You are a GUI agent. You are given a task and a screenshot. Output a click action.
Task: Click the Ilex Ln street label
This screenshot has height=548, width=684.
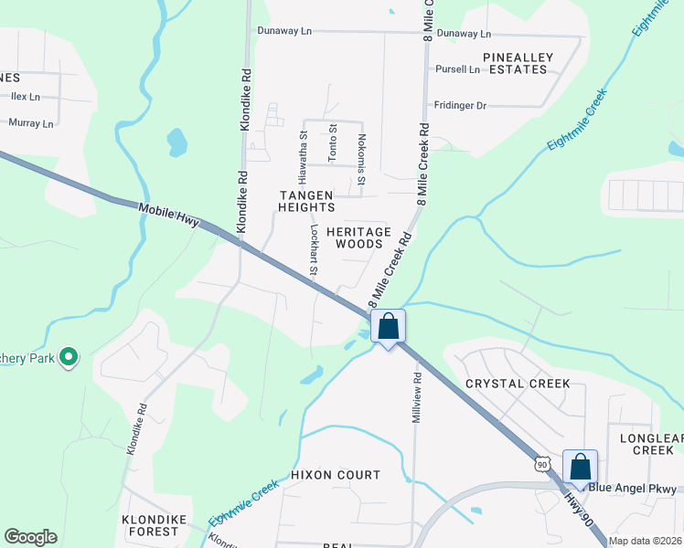[x=25, y=96]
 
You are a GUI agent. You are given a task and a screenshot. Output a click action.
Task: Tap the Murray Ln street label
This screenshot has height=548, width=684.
[x=31, y=122]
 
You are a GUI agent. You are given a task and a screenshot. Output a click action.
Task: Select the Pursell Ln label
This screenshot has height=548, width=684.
[x=458, y=68]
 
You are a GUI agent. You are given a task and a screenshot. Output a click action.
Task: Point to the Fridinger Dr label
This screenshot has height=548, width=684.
[x=460, y=105]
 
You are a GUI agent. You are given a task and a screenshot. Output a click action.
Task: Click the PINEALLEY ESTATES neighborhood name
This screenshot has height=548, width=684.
[x=520, y=63]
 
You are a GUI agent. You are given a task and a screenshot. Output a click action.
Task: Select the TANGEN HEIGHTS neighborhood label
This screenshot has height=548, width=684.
[x=306, y=201]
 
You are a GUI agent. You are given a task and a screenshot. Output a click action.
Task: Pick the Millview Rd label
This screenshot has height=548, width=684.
[x=416, y=395]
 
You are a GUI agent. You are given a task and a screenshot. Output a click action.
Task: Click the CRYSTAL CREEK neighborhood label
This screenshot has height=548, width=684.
[x=518, y=384]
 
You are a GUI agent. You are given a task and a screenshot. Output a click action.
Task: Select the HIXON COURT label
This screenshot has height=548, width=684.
[x=336, y=475]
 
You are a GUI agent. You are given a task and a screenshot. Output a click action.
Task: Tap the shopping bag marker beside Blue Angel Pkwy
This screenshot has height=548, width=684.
[x=581, y=467]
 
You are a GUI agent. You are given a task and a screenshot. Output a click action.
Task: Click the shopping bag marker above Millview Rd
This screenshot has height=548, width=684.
[x=389, y=326]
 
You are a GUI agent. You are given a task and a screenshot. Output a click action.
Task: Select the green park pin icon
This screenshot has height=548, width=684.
[x=68, y=357]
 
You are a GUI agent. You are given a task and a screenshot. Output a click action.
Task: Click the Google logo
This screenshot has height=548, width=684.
[x=31, y=537]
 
